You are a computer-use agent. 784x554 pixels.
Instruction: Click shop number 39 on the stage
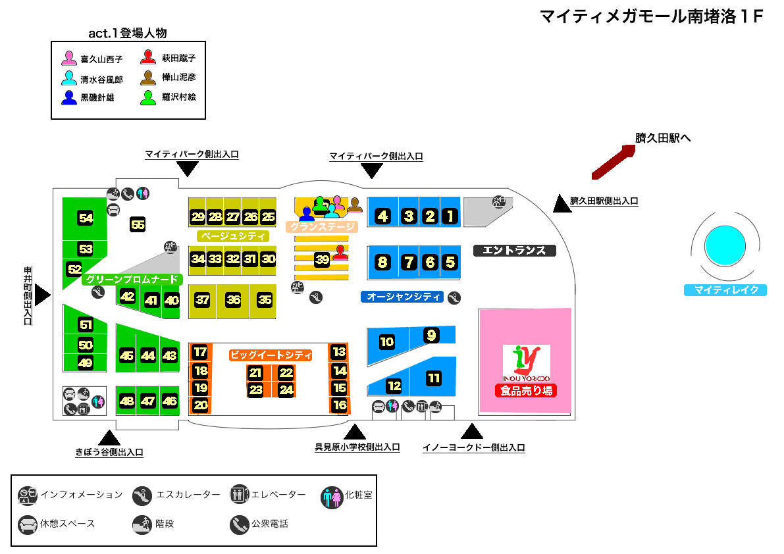(322, 260)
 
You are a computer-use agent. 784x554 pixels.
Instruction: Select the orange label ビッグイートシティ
(271, 355)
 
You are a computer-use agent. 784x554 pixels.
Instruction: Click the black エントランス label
(515, 251)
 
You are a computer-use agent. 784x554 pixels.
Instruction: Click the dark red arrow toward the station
(613, 162)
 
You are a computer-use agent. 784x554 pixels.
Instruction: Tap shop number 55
(138, 225)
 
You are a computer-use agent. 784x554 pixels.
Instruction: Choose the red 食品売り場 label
(527, 391)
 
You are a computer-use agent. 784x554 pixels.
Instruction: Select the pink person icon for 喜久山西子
(69, 59)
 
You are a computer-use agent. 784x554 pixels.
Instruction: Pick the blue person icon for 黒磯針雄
(69, 97)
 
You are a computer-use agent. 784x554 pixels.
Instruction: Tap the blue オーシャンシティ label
(404, 297)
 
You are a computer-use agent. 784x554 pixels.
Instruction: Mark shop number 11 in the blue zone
(434, 378)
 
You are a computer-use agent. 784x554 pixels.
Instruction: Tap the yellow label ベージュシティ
(233, 236)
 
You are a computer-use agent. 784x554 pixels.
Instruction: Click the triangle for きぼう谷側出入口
(109, 437)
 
